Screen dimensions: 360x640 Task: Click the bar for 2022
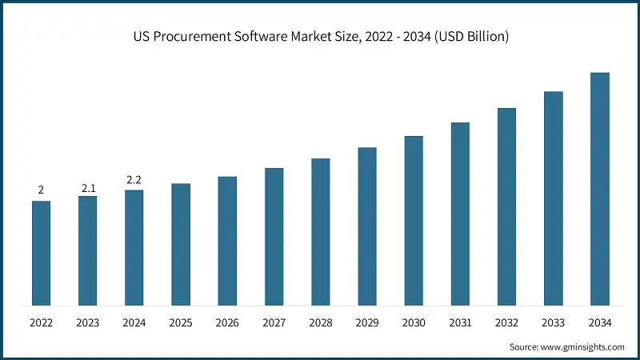click(41, 253)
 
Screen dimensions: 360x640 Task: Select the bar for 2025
click(181, 244)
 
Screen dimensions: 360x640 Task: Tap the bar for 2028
click(320, 232)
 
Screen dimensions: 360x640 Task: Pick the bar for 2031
click(460, 214)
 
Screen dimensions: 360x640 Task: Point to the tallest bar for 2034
click(600, 189)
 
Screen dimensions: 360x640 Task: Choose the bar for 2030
click(414, 221)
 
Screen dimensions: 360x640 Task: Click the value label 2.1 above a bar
click(88, 188)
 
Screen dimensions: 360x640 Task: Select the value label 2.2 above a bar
click(134, 181)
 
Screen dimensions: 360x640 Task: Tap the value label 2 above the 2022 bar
click(41, 190)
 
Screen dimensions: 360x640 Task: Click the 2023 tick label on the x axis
click(88, 322)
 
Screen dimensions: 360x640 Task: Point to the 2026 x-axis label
click(227, 322)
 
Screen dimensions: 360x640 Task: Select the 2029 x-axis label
click(367, 322)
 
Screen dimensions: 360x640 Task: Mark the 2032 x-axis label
click(506, 322)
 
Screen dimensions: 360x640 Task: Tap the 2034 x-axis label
click(600, 322)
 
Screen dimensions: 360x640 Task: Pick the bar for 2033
click(554, 198)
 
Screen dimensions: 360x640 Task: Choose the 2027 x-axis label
click(274, 322)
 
